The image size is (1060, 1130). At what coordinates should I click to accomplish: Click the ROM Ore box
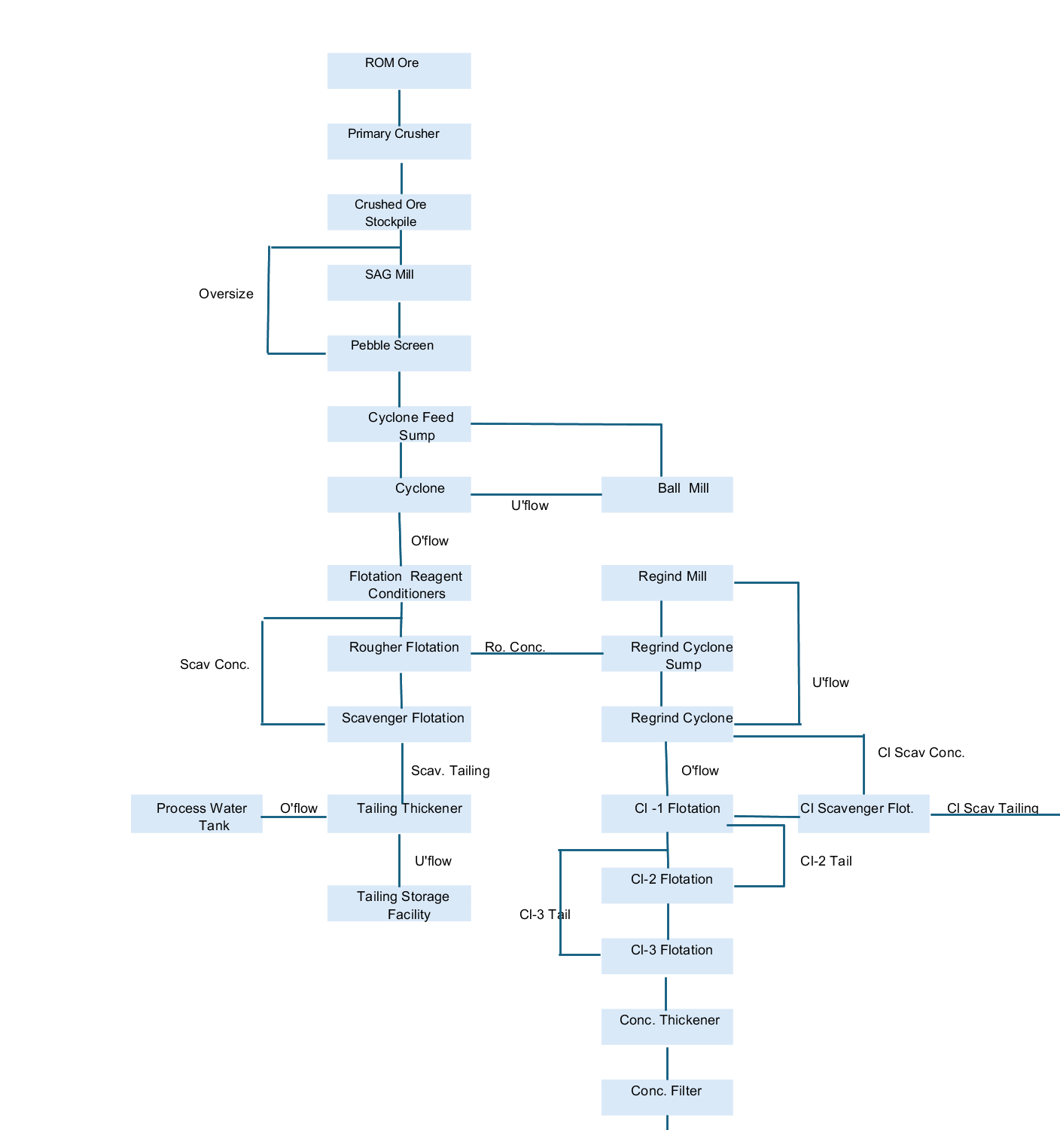tap(399, 71)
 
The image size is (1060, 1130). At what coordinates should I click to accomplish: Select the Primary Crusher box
tap(399, 142)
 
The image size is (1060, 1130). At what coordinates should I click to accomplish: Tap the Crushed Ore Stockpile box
tap(399, 212)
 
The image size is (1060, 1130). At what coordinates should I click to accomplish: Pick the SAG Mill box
tap(399, 282)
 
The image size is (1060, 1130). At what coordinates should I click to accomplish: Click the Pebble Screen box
tap(399, 353)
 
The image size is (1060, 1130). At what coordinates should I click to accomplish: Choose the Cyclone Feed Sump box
tap(399, 424)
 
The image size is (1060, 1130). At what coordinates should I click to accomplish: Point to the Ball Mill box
tap(666, 494)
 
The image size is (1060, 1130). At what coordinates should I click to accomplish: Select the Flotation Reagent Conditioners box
tap(399, 583)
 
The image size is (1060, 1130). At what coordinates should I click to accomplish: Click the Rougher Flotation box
tap(399, 653)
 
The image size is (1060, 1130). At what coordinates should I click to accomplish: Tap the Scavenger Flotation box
tap(399, 724)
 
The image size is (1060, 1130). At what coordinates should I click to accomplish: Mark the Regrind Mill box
tap(666, 583)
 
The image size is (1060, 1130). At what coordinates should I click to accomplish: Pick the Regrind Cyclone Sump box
tap(666, 653)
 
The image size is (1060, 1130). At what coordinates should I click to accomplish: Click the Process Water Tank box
tap(196, 814)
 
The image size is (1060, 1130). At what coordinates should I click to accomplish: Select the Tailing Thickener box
tap(399, 814)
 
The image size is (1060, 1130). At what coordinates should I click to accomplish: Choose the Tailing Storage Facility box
tap(399, 903)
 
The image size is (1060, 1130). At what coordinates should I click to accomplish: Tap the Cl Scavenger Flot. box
tap(863, 814)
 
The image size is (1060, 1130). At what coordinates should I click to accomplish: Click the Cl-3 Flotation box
tap(666, 956)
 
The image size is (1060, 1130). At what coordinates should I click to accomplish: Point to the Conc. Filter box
tap(666, 1098)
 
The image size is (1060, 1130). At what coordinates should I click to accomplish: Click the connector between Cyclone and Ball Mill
tap(536, 494)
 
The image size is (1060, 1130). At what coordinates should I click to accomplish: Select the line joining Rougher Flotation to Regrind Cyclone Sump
tap(536, 653)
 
